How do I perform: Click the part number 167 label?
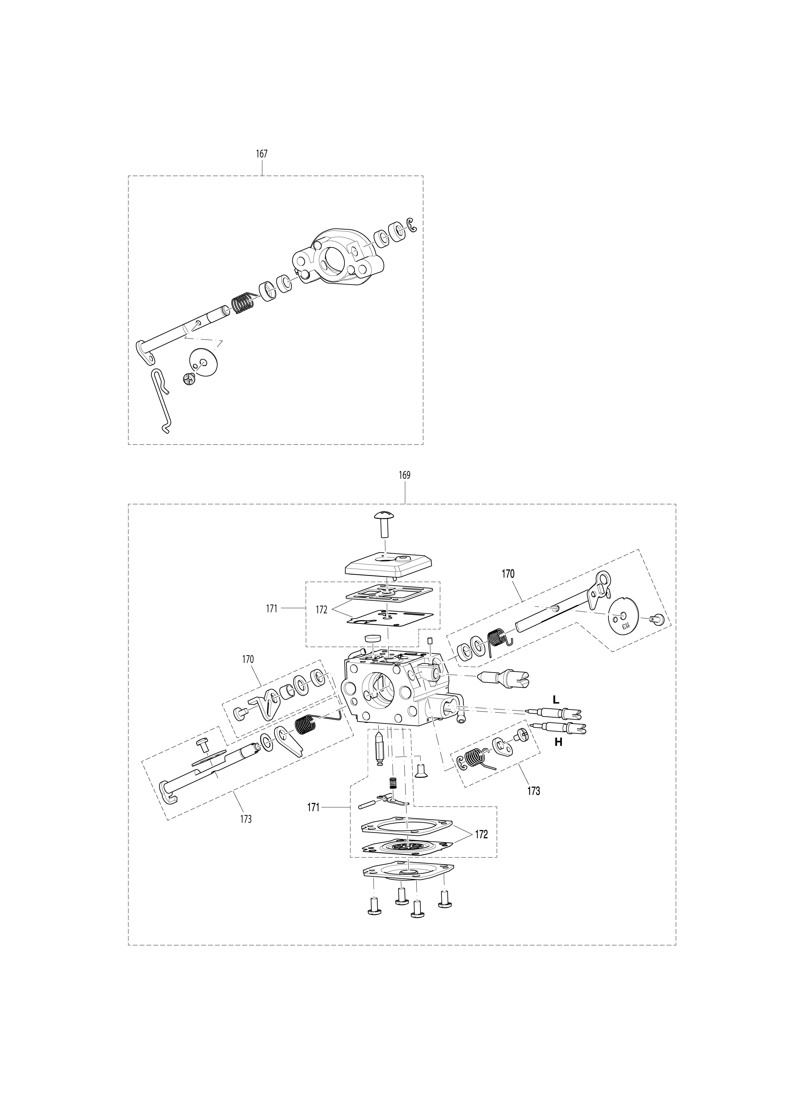[x=262, y=154]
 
